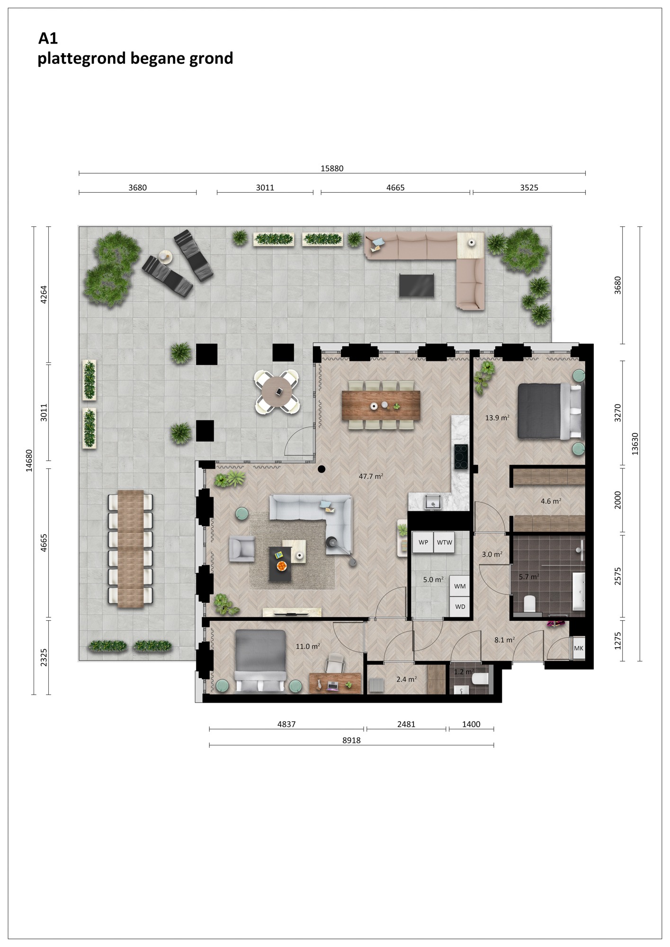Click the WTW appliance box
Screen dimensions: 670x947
(445, 543)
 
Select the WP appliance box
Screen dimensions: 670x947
(423, 543)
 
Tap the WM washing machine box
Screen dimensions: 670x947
(460, 586)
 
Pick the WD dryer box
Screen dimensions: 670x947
(460, 607)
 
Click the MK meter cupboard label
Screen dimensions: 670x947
(579, 648)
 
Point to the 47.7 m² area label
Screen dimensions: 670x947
(371, 476)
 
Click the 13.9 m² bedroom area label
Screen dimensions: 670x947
(497, 418)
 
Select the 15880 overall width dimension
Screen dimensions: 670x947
(332, 169)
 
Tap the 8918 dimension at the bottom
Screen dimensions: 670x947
(351, 741)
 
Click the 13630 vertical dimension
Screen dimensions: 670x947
(635, 444)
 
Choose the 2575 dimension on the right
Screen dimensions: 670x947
(618, 576)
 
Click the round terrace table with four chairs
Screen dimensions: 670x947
(278, 391)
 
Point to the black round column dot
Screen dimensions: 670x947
(322, 469)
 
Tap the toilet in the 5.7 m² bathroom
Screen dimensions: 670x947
(530, 604)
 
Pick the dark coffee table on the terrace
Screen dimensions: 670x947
(417, 286)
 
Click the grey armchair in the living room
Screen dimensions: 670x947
(242, 549)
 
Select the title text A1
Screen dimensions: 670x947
(48, 38)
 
